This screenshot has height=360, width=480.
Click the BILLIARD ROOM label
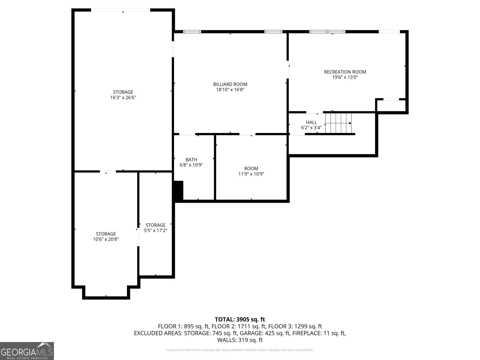230,84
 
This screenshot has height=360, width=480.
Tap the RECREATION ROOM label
345,72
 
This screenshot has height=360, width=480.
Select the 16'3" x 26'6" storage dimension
123,97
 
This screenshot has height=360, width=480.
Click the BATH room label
191,160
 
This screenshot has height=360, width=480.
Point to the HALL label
311,122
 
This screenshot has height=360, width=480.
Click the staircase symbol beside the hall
338,123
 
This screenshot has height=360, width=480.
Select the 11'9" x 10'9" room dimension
251,174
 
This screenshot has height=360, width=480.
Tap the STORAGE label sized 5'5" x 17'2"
155,225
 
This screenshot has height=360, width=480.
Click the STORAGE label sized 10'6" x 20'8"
106,234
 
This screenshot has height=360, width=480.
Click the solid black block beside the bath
178,191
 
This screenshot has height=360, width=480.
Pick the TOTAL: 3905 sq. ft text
240,319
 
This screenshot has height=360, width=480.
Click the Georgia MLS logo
27,351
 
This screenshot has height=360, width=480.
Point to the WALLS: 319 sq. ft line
240,340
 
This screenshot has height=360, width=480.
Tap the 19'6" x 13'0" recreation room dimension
345,77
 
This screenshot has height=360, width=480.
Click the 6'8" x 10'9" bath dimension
191,165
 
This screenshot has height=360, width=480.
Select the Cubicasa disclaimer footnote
240,350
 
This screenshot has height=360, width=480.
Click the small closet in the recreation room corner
391,106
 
